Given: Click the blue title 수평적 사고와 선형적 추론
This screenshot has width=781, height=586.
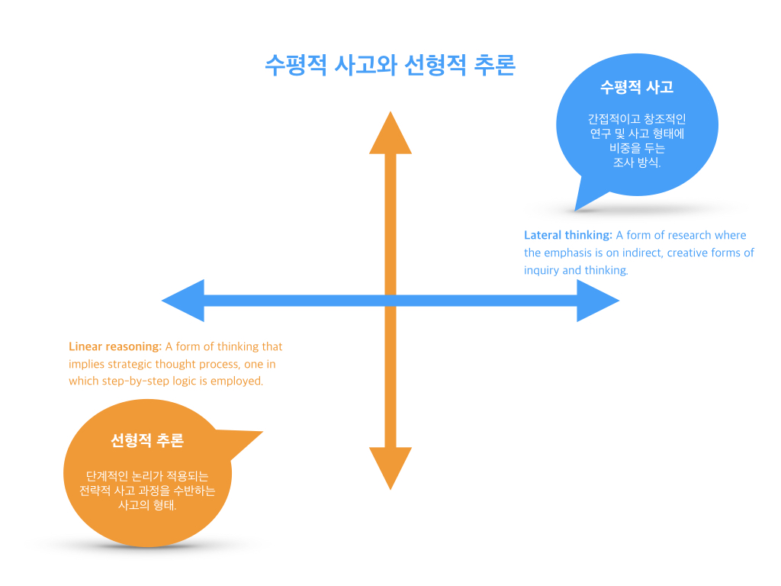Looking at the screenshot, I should pos(390,65).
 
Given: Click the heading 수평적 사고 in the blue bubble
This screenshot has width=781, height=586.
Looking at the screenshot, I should pos(637,86).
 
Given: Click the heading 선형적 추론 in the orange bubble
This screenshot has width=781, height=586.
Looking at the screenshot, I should pos(147,440).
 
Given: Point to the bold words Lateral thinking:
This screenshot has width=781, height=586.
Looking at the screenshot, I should pos(568,235).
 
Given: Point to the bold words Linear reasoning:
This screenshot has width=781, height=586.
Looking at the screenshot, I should pos(115,346).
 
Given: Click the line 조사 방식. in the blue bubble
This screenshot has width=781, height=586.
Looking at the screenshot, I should pos(637,163).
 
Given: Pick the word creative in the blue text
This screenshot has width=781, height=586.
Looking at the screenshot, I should pos(689,253).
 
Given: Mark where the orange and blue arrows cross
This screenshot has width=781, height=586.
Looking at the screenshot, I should pos(390,301).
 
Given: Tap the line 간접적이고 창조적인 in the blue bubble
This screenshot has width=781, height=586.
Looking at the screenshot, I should pos(637,119).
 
